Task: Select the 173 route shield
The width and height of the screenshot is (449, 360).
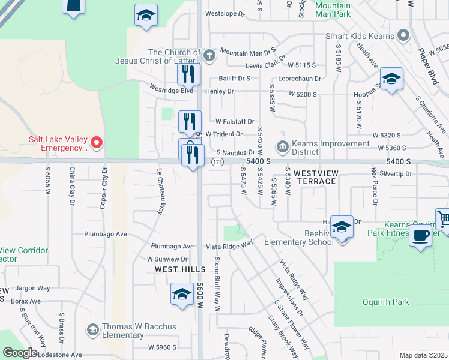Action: (x=218, y=163)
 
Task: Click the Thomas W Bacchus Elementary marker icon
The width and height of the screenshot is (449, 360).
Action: (x=93, y=330)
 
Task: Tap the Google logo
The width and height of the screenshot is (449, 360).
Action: (x=19, y=353)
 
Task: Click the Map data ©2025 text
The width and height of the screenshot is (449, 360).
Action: (x=423, y=355)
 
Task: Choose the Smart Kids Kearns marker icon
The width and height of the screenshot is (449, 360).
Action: (x=405, y=36)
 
